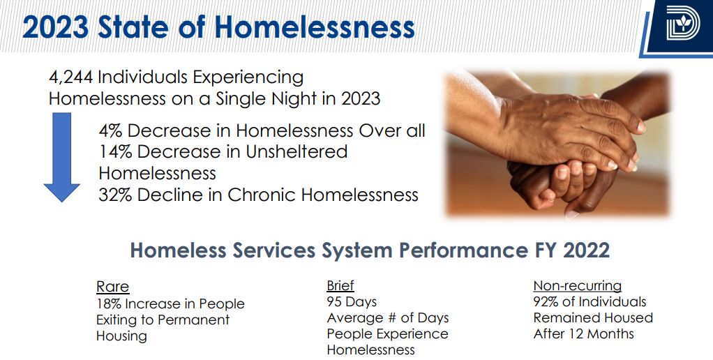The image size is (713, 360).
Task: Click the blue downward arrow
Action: tap(62, 157)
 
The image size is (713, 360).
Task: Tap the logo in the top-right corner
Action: tap(682, 22)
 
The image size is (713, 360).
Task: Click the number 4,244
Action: tap(70, 77)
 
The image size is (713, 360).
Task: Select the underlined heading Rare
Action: tap(113, 287)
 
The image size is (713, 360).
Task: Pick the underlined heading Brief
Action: tap(340, 285)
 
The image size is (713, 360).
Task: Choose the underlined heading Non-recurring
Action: tap(578, 285)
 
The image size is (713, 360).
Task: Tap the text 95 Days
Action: tap(352, 302)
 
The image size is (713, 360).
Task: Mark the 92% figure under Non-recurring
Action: tap(546, 302)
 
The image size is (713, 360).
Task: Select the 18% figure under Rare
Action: tap(109, 303)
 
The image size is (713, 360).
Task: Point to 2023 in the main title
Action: tap(56, 28)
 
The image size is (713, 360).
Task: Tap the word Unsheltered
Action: tap(297, 152)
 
